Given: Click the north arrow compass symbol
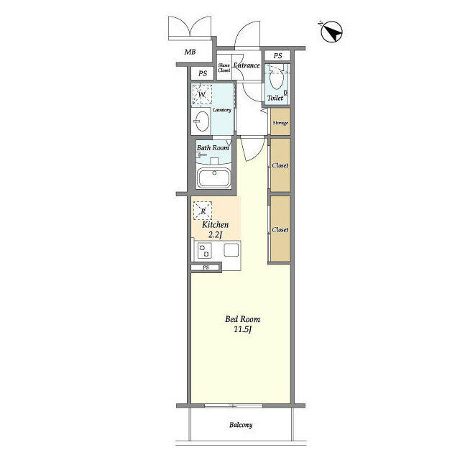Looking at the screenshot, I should (x=332, y=32).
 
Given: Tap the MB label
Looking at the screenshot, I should (x=190, y=52).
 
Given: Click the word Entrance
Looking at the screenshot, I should (x=246, y=65).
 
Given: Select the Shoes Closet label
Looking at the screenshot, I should (x=224, y=68).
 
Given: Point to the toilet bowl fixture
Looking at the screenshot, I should (x=275, y=80).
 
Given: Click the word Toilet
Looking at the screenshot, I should (x=275, y=98).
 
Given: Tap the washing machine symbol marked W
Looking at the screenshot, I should (x=203, y=95).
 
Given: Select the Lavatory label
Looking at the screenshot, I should (x=221, y=110).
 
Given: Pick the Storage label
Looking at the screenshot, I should (x=280, y=123).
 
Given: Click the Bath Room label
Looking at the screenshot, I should (x=213, y=148).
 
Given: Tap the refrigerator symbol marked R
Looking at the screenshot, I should (x=203, y=211).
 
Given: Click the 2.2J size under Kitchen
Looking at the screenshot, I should (x=215, y=235).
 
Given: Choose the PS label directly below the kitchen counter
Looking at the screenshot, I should (x=206, y=268).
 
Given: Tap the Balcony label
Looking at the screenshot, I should (x=241, y=425).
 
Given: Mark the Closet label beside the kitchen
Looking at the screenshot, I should (x=280, y=230).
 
